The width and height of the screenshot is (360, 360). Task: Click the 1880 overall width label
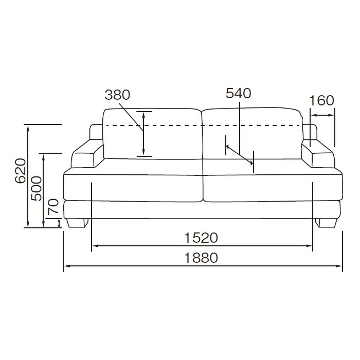point(201,258)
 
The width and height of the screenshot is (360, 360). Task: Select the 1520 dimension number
point(201,238)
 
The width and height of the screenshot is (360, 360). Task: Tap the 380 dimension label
point(117,95)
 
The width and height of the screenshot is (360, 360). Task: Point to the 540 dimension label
point(239,93)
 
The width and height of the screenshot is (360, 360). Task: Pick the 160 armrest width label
point(321,101)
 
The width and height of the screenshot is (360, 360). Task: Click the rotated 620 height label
point(20,171)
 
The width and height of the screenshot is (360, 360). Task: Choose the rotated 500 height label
point(37,189)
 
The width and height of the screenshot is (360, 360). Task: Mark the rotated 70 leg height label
point(53,207)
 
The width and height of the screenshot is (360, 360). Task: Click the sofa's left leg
point(78,223)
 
